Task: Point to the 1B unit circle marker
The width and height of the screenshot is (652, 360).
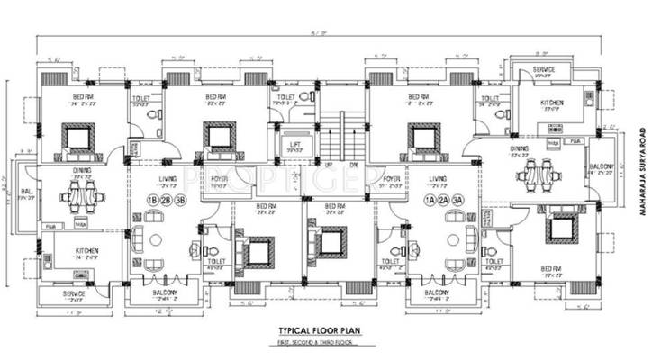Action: [x=152, y=199]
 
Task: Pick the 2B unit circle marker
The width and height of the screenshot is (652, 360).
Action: [x=168, y=199]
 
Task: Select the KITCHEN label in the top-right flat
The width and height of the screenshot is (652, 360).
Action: [x=551, y=103]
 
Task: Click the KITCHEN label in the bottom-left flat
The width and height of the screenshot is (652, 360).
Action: [x=86, y=251]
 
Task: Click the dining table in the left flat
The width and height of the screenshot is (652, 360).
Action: [x=82, y=195]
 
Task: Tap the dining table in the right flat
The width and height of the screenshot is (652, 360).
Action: [x=537, y=171]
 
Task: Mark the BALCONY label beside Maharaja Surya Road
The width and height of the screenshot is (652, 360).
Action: [x=602, y=167]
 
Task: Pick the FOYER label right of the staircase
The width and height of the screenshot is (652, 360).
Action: [x=391, y=179]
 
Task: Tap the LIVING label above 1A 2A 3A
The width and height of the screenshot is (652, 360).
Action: [x=439, y=179]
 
